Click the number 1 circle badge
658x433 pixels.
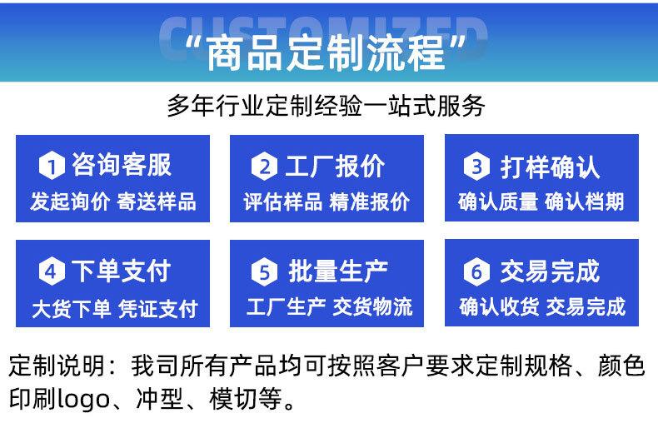(x=52, y=167)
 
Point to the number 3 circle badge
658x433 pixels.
(x=476, y=167)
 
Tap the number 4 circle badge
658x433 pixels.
(x=52, y=271)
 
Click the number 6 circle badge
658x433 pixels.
(x=476, y=271)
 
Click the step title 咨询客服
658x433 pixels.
(x=122, y=166)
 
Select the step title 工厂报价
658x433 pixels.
(x=335, y=166)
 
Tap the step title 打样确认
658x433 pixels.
(x=550, y=167)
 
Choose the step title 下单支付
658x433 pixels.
(x=122, y=271)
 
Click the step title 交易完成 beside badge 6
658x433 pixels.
(x=550, y=271)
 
